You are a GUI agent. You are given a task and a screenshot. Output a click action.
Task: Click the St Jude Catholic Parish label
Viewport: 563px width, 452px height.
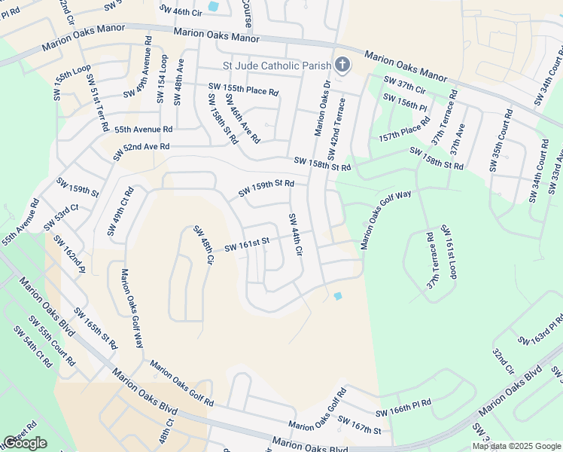[x=276, y=65]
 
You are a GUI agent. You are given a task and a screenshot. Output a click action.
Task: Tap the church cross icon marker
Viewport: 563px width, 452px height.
[x=342, y=65]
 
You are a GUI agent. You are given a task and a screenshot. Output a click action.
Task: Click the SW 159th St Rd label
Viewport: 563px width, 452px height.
[x=266, y=188]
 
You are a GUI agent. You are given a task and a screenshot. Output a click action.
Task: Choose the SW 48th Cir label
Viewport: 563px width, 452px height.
[x=203, y=245]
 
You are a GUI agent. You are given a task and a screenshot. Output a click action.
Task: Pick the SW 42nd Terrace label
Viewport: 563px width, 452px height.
[x=336, y=127]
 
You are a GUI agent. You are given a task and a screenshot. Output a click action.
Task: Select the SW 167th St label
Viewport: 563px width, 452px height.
[x=364, y=425]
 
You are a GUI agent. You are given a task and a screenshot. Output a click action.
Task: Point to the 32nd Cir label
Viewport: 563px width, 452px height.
[x=504, y=362]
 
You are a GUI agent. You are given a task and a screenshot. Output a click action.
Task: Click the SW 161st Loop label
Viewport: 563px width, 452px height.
[x=449, y=252]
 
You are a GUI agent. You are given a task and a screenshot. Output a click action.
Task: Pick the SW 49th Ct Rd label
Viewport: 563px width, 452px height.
[x=120, y=211]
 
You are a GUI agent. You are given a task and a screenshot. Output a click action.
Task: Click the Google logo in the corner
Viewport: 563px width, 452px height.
[x=26, y=443]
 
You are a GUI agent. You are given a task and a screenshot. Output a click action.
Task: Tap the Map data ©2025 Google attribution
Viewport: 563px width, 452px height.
[x=516, y=446]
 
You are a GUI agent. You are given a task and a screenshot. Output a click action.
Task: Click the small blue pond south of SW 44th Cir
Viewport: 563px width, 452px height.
[x=337, y=295]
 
